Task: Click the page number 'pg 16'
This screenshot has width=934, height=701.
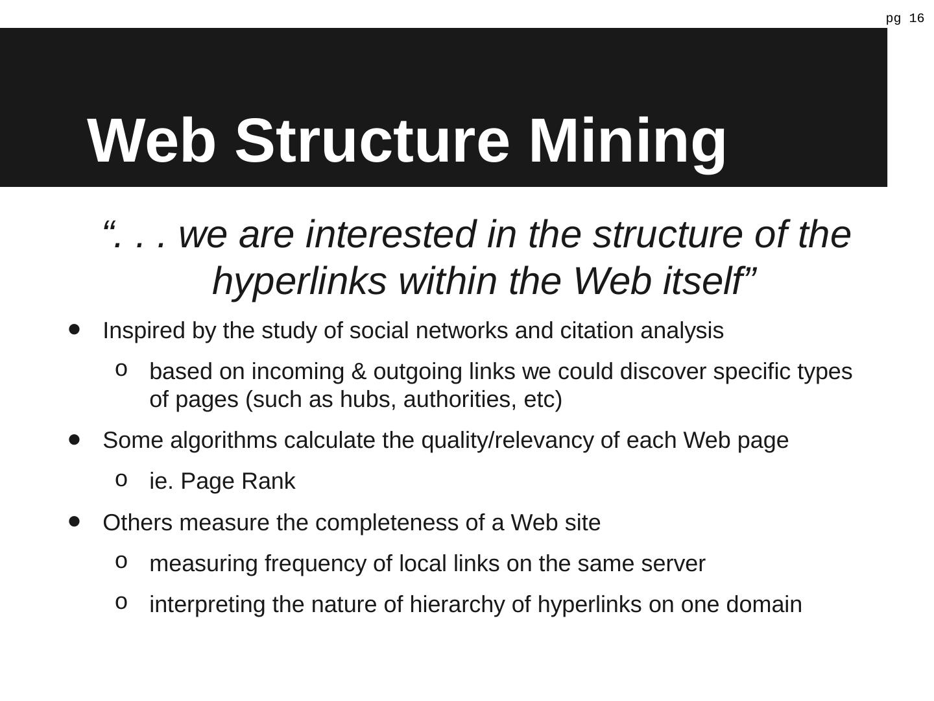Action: (x=905, y=18)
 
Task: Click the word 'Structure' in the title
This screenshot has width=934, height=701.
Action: (x=372, y=141)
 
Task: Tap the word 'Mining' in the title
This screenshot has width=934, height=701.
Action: (x=627, y=141)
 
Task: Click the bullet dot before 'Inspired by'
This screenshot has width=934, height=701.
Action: (x=74, y=330)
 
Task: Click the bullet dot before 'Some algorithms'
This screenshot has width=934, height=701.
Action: (x=74, y=439)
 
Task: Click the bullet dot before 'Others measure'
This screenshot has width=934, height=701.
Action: (x=74, y=521)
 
